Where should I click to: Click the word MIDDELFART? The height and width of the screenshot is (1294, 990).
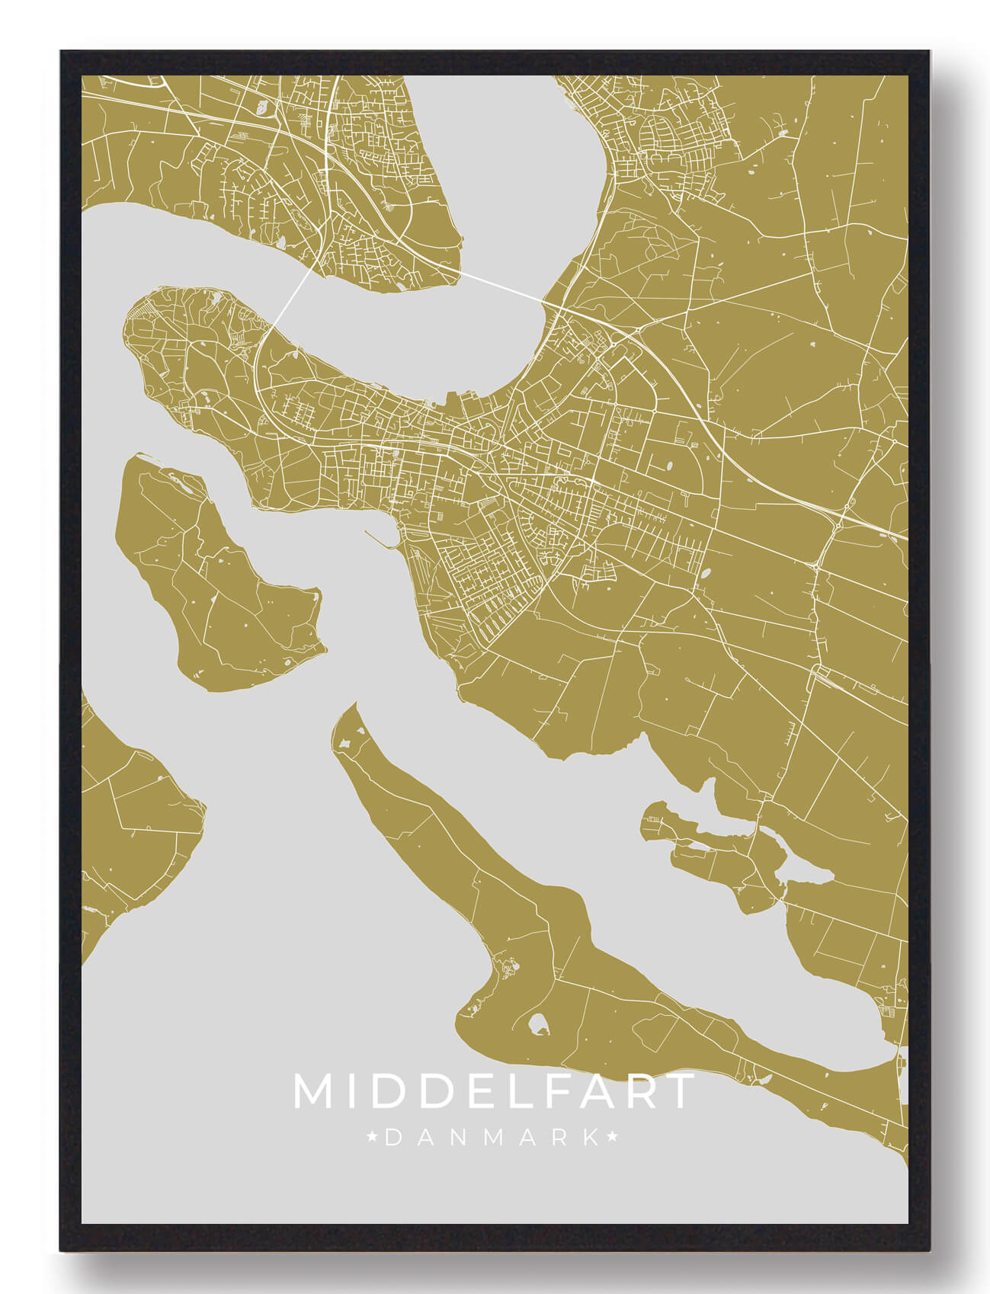coord(494,1091)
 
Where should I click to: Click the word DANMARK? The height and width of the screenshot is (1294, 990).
coord(492,1138)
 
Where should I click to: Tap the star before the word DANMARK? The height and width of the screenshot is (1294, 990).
coord(373,1138)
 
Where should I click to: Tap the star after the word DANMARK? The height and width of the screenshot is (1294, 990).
coord(611,1138)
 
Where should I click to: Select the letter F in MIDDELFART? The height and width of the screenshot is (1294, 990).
coord(562,1091)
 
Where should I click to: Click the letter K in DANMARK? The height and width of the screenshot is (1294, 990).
coord(591,1138)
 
